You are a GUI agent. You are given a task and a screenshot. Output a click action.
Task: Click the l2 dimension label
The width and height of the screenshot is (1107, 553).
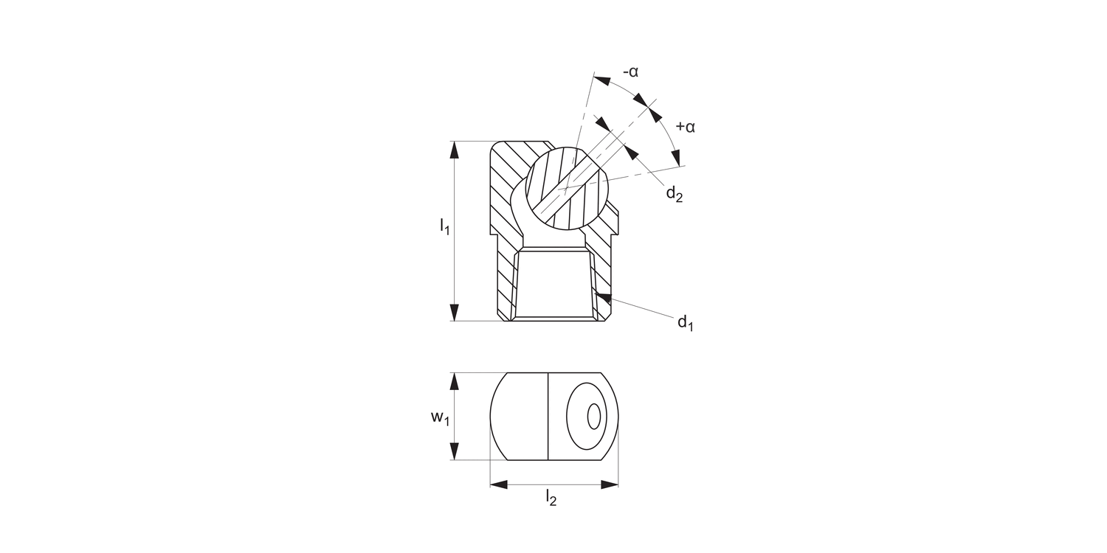coord(551,498)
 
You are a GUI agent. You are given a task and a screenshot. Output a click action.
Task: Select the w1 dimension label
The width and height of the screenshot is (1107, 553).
coord(440,417)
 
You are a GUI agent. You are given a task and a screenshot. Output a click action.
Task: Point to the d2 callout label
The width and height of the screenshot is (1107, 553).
coord(674,194)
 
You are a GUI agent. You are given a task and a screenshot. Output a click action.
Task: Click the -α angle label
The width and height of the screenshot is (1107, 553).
coord(630,72)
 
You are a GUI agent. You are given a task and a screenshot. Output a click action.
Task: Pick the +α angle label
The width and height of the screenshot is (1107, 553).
coord(685,127)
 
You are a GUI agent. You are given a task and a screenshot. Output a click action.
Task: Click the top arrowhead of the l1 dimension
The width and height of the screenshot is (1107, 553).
coord(455,150)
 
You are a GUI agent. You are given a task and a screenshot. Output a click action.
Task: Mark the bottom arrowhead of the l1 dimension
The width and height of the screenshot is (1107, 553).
coord(455,312)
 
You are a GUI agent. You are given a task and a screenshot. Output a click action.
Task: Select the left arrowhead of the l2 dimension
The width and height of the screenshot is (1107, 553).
coord(500,484)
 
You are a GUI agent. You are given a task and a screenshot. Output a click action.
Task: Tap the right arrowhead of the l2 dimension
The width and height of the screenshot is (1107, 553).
coord(609,484)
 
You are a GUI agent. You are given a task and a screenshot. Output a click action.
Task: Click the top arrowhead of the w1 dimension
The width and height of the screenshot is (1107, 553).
coord(455,381)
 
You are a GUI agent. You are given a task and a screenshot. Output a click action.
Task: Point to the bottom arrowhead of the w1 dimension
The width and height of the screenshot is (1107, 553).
coord(455,451)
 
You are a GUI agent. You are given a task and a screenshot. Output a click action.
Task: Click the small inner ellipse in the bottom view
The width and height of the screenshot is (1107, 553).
coord(593,417)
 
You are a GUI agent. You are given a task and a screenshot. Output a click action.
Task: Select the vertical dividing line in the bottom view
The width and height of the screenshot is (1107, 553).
coord(548,417)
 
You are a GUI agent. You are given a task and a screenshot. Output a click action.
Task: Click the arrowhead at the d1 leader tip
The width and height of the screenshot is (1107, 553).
coord(600,296)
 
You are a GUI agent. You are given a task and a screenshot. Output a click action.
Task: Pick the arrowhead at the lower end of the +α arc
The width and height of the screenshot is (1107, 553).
coord(675,157)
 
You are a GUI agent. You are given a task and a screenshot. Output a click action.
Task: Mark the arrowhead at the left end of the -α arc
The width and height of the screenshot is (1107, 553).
coord(601,79)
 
